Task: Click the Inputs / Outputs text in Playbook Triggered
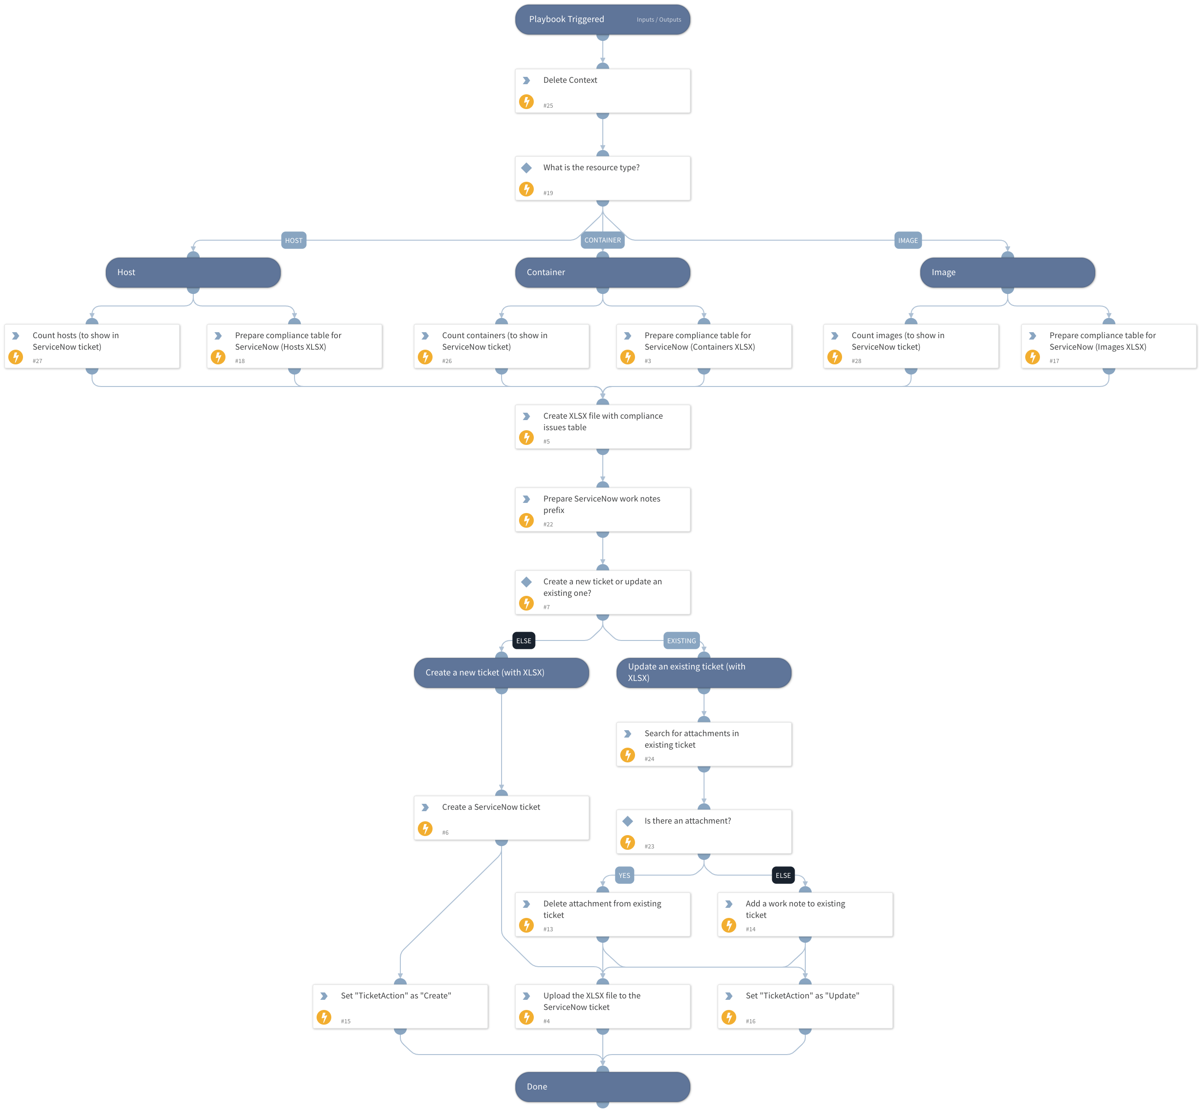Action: click(658, 20)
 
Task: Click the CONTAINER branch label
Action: click(602, 240)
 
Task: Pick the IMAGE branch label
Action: click(908, 240)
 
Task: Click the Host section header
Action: click(193, 272)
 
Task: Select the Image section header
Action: click(1007, 272)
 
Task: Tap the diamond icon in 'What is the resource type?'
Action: click(526, 167)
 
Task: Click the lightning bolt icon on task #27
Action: click(16, 357)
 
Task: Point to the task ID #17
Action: click(1054, 361)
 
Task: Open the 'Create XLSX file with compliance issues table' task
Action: click(602, 427)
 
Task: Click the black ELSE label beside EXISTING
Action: click(523, 641)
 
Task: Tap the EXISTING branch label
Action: click(681, 641)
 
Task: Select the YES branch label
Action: click(624, 876)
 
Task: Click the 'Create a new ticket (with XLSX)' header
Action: click(501, 673)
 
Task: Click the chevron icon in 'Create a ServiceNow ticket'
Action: click(425, 807)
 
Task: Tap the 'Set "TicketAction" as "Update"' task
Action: click(805, 1006)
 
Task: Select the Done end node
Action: click(602, 1086)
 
